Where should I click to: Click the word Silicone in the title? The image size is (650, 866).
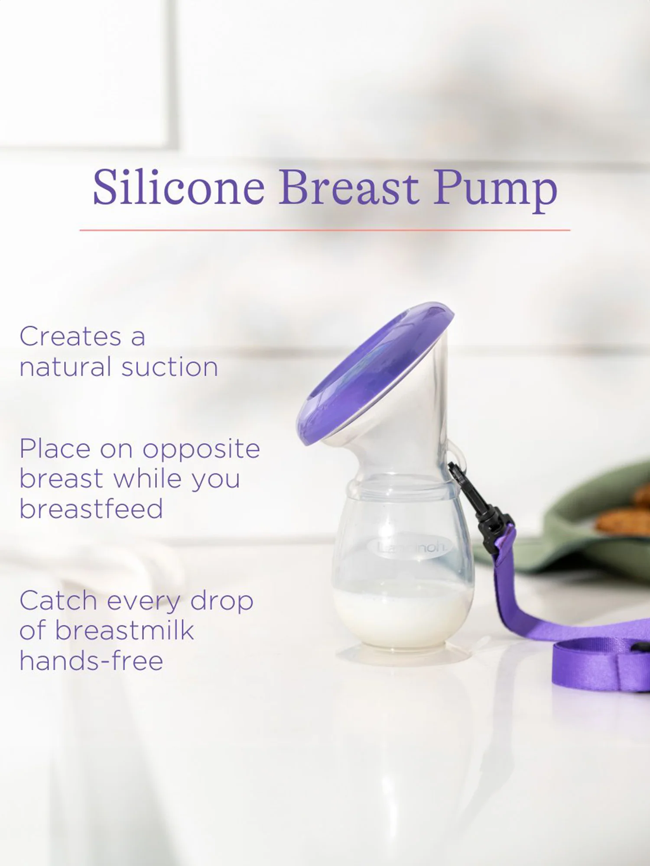[x=179, y=188]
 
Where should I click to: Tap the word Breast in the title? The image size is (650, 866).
[x=348, y=188]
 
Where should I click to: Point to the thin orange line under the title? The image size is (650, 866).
[x=325, y=230]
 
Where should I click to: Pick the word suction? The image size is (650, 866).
[x=169, y=367]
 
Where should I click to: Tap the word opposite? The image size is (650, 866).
[x=201, y=449]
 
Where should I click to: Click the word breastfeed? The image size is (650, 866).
[x=91, y=509]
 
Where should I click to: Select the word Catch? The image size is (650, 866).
[x=58, y=601]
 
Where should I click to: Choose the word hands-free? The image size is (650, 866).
[x=91, y=661]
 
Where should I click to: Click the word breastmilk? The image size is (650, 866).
[x=124, y=630]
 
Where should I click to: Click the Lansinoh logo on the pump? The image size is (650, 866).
[x=409, y=548]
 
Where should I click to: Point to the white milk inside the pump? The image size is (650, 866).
[x=401, y=615]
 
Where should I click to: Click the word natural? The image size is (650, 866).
[x=65, y=367]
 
